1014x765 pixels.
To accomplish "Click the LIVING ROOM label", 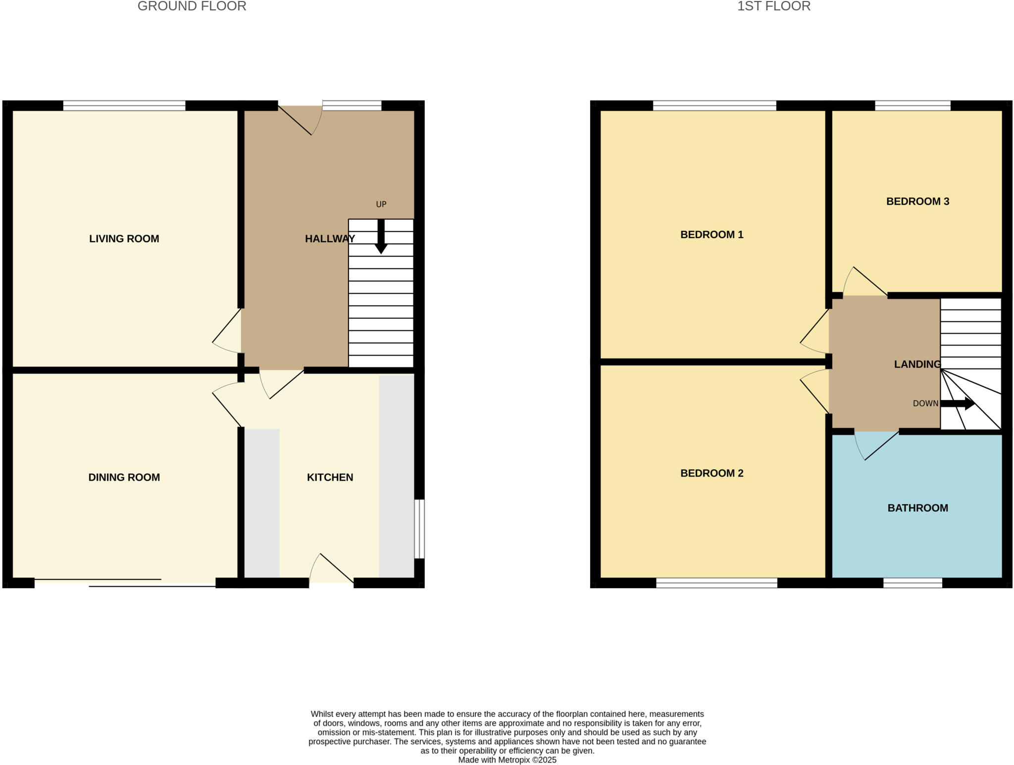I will click(124, 239).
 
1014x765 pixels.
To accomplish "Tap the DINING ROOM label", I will click(124, 477).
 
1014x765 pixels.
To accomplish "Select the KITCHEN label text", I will click(330, 477).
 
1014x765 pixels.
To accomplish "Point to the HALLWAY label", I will click(330, 239).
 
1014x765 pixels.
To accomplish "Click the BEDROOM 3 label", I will click(917, 202).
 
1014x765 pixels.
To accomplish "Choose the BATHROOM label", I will click(917, 508).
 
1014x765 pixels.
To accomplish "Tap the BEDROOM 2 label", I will click(711, 473).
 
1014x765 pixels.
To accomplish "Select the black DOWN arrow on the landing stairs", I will click(958, 404).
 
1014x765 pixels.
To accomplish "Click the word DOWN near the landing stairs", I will click(925, 404).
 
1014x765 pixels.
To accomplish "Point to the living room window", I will click(124, 105).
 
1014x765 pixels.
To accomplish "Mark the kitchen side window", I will click(419, 529).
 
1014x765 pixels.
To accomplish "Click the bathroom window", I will click(913, 583).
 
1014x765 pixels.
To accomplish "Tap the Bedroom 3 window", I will click(913, 105).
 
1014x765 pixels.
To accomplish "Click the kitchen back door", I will click(331, 569).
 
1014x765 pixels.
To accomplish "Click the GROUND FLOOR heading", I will click(192, 6).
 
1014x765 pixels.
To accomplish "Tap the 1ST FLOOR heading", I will click(773, 6).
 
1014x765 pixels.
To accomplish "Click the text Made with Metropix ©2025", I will click(507, 760).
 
